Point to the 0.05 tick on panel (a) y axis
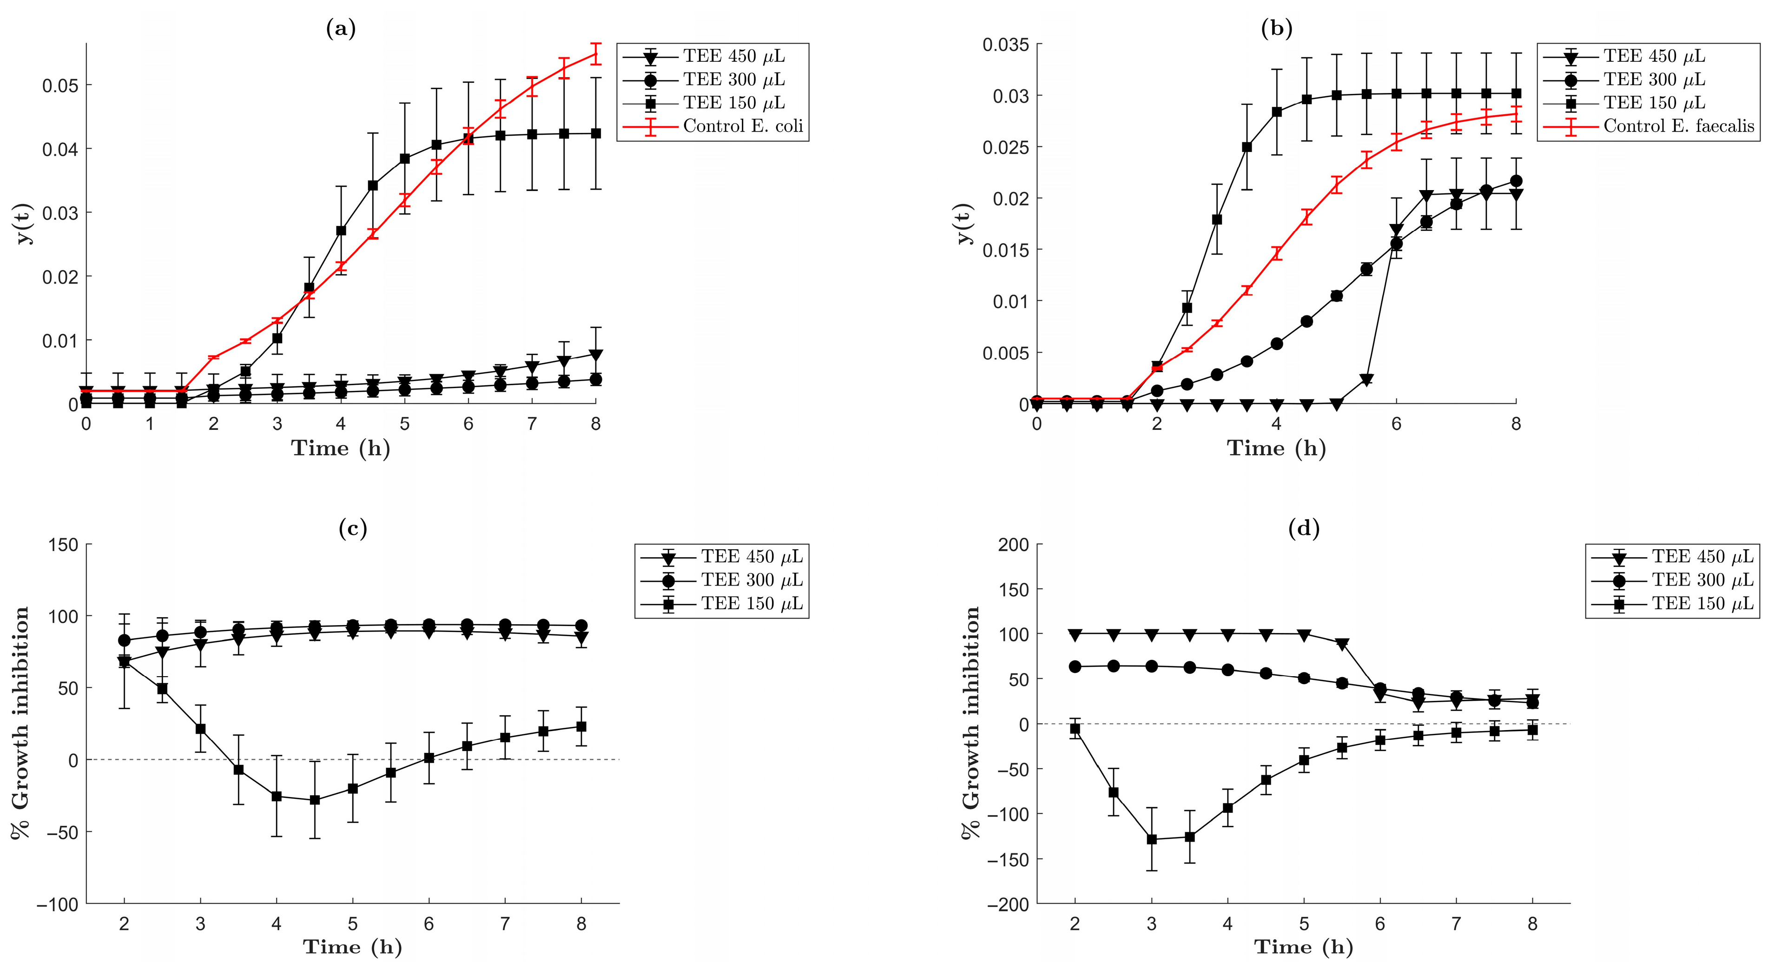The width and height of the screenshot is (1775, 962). point(60,86)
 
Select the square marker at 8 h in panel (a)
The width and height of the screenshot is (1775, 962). point(596,134)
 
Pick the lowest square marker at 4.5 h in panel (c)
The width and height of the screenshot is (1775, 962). point(315,800)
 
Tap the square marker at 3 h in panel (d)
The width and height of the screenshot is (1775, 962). point(1151,839)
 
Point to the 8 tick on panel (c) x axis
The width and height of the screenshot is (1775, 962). point(581,924)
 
